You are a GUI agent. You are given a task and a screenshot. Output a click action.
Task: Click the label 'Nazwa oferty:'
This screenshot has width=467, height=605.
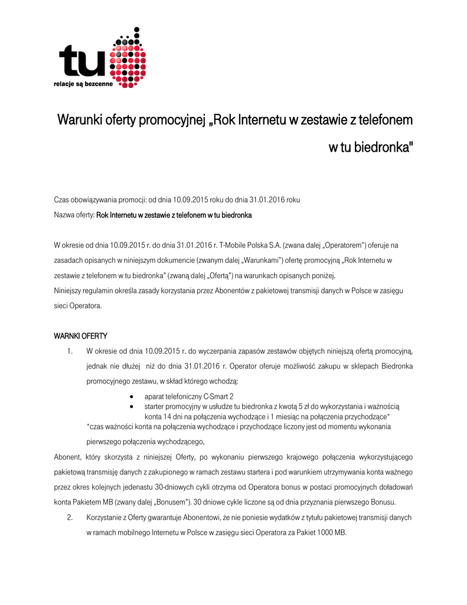click(74, 216)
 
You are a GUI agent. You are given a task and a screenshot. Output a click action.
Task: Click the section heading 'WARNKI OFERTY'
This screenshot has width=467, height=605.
click(80, 336)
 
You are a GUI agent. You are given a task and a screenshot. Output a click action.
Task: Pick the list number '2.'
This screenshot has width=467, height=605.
click(70, 517)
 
